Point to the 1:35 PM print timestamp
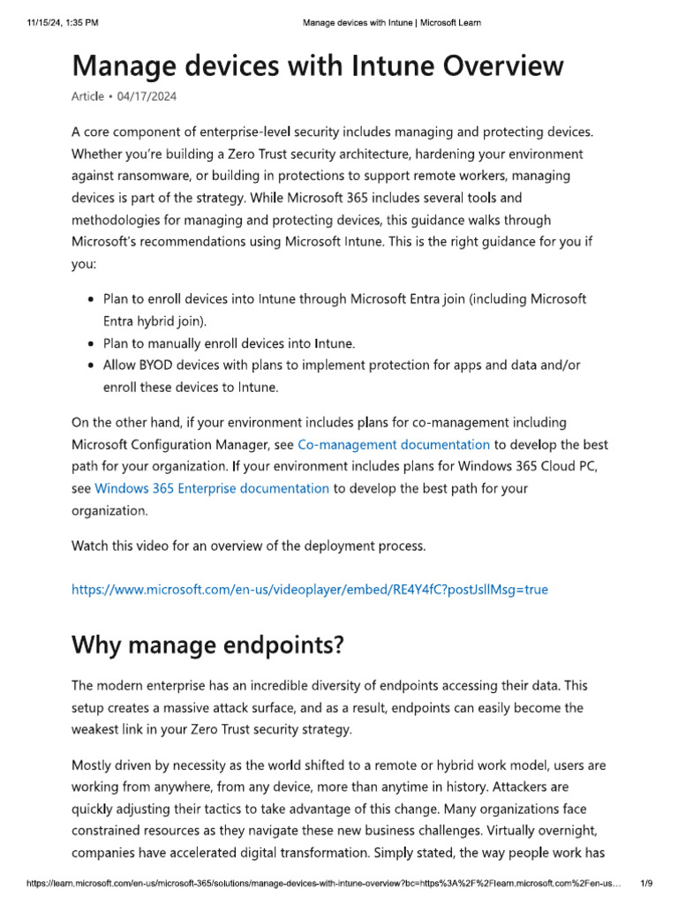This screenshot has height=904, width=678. [80, 22]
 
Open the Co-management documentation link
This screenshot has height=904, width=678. [394, 444]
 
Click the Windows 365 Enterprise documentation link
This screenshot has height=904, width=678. [212, 487]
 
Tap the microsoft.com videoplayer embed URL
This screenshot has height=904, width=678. [310, 589]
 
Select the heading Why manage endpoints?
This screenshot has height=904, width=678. [208, 646]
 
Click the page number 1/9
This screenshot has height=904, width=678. [646, 883]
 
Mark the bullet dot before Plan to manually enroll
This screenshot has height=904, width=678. [92, 343]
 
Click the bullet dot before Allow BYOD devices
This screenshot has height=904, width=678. [92, 365]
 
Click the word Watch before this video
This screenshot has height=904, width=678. [91, 546]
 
